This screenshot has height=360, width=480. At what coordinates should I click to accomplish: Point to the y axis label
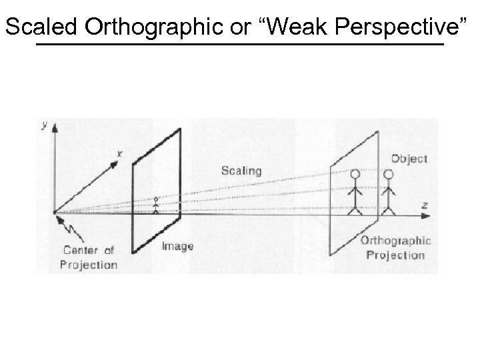click(44, 125)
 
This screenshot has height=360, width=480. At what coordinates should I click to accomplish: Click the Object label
click(409, 159)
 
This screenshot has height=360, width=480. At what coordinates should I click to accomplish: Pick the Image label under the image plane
click(177, 246)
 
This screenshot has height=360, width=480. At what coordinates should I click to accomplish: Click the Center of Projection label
click(89, 257)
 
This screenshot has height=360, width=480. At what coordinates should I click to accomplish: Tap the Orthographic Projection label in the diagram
click(396, 247)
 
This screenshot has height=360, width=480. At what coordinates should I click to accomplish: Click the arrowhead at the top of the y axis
click(55, 127)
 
